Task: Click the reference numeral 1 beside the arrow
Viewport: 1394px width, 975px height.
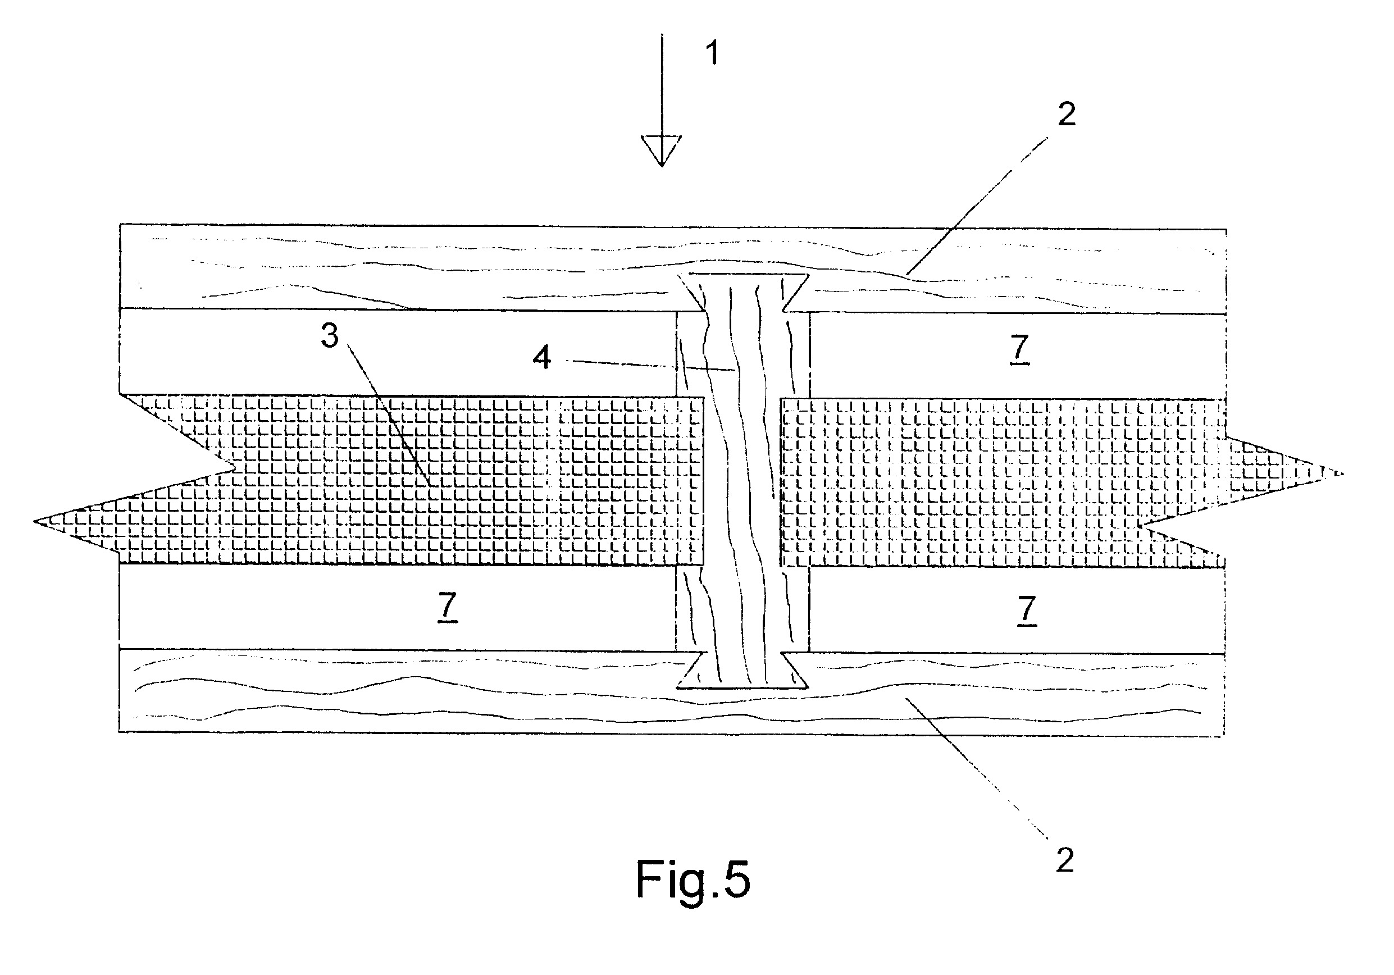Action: [x=713, y=53]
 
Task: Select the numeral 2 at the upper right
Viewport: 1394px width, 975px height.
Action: [x=1067, y=114]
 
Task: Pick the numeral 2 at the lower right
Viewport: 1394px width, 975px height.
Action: [x=1065, y=860]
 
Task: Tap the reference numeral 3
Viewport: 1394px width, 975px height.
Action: [x=330, y=336]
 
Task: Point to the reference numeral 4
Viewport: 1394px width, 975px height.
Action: [x=541, y=358]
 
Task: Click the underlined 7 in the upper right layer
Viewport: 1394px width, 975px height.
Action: [x=1019, y=349]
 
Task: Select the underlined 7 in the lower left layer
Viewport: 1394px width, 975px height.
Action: [x=447, y=607]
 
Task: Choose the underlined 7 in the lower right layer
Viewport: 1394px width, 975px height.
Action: [x=1026, y=610]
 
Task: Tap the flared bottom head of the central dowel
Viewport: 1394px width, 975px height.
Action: [x=742, y=671]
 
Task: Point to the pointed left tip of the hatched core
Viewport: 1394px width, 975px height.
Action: [x=34, y=521]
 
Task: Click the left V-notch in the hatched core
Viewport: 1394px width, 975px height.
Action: [x=234, y=467]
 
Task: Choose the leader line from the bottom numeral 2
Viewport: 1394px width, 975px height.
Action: [x=977, y=769]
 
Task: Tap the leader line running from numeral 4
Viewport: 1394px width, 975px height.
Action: [x=651, y=366]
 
